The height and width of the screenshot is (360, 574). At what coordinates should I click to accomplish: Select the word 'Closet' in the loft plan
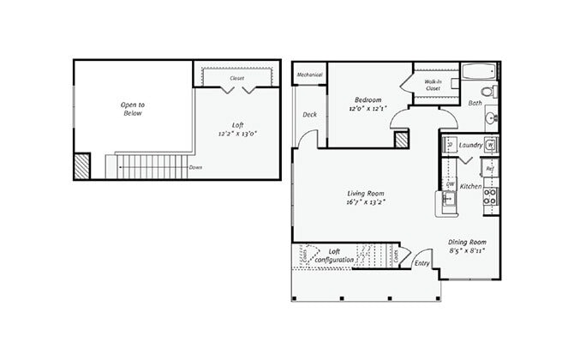tap(236, 78)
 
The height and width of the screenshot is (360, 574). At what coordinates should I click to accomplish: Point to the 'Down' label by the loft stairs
tap(195, 167)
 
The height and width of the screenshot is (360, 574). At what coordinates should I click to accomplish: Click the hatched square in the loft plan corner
tap(82, 165)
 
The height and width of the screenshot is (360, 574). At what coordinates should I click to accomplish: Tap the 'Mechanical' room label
tap(309, 75)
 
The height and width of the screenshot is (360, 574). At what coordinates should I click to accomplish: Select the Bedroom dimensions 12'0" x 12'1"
tap(368, 109)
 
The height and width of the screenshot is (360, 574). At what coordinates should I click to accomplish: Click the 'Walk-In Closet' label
tap(433, 85)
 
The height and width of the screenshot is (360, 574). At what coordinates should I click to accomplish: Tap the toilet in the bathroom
tap(488, 90)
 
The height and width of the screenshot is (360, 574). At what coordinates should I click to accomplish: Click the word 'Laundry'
tap(470, 145)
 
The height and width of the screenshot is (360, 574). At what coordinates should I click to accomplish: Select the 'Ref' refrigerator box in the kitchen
tap(489, 170)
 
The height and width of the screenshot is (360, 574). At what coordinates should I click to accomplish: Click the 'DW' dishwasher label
tap(450, 184)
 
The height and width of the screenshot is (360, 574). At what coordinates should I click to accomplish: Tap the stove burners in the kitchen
tap(490, 201)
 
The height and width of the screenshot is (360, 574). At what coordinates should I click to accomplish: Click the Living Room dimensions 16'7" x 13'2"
tap(367, 203)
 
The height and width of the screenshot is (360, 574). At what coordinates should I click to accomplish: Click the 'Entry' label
tap(422, 263)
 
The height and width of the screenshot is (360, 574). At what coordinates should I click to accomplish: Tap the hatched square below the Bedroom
tap(401, 141)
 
